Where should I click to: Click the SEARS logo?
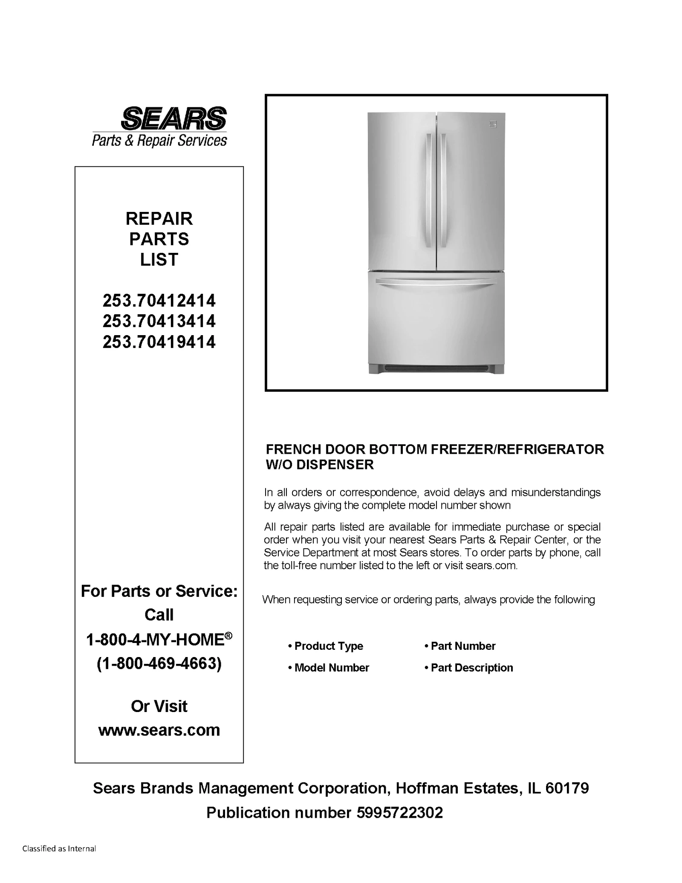point(173,118)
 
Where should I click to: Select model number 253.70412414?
point(159,301)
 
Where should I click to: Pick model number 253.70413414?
point(159,321)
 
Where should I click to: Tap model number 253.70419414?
point(159,342)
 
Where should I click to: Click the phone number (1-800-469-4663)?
point(159,664)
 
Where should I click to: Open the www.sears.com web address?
point(159,730)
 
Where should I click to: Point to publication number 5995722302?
point(399,813)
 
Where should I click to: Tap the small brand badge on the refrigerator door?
point(493,124)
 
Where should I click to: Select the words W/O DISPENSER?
point(320,464)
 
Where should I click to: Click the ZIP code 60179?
point(567,788)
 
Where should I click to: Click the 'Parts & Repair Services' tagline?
point(159,140)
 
